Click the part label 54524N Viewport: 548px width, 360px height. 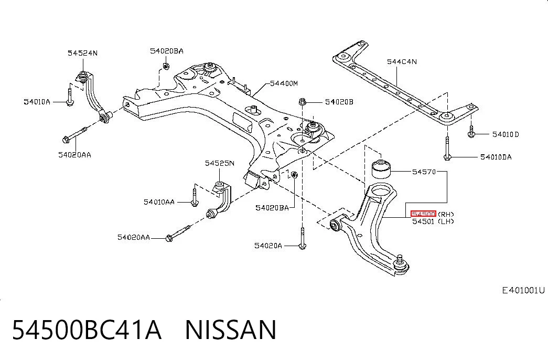pos(82,53)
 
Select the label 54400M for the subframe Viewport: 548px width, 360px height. pos(284,83)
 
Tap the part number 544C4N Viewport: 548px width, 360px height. pos(402,62)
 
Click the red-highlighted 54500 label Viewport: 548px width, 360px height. pos(423,214)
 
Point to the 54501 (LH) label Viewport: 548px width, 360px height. pos(433,221)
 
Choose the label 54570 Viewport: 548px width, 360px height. pos(424,172)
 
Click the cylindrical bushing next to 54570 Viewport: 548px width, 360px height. pos(381,168)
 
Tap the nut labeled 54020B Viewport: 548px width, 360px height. pos(303,102)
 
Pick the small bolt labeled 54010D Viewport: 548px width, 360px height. pos(471,132)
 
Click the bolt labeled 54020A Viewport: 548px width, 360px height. pos(302,238)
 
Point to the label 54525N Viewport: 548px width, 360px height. pos(220,163)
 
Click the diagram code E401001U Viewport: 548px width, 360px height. pos(523,290)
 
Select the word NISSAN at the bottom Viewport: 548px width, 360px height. pos(231,330)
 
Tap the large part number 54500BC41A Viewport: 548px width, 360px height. pos(87,330)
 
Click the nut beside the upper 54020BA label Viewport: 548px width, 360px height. pos(166,66)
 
